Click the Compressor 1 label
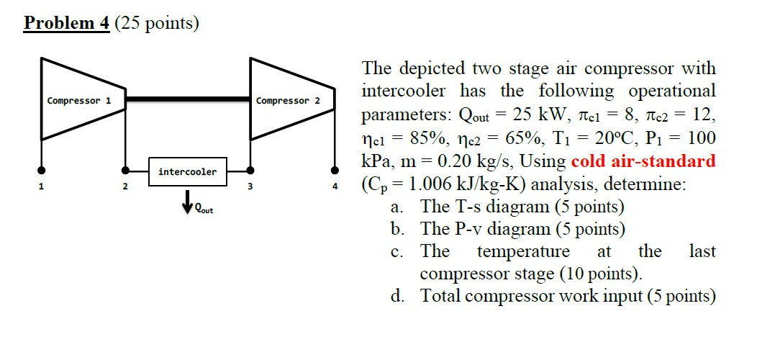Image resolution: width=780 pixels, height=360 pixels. click(78, 100)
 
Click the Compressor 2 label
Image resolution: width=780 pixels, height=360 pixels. click(288, 100)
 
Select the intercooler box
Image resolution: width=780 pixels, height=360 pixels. click(187, 171)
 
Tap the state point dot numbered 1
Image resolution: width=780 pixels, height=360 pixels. click(42, 171)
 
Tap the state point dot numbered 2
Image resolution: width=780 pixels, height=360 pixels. click(125, 171)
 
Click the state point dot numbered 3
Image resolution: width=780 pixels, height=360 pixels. click(250, 171)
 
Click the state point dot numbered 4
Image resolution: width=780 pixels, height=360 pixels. click(335, 171)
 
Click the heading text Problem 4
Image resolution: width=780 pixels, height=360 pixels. click(66, 23)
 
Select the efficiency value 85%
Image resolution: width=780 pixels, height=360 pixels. click(435, 138)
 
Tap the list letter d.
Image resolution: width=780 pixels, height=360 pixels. click(396, 295)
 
